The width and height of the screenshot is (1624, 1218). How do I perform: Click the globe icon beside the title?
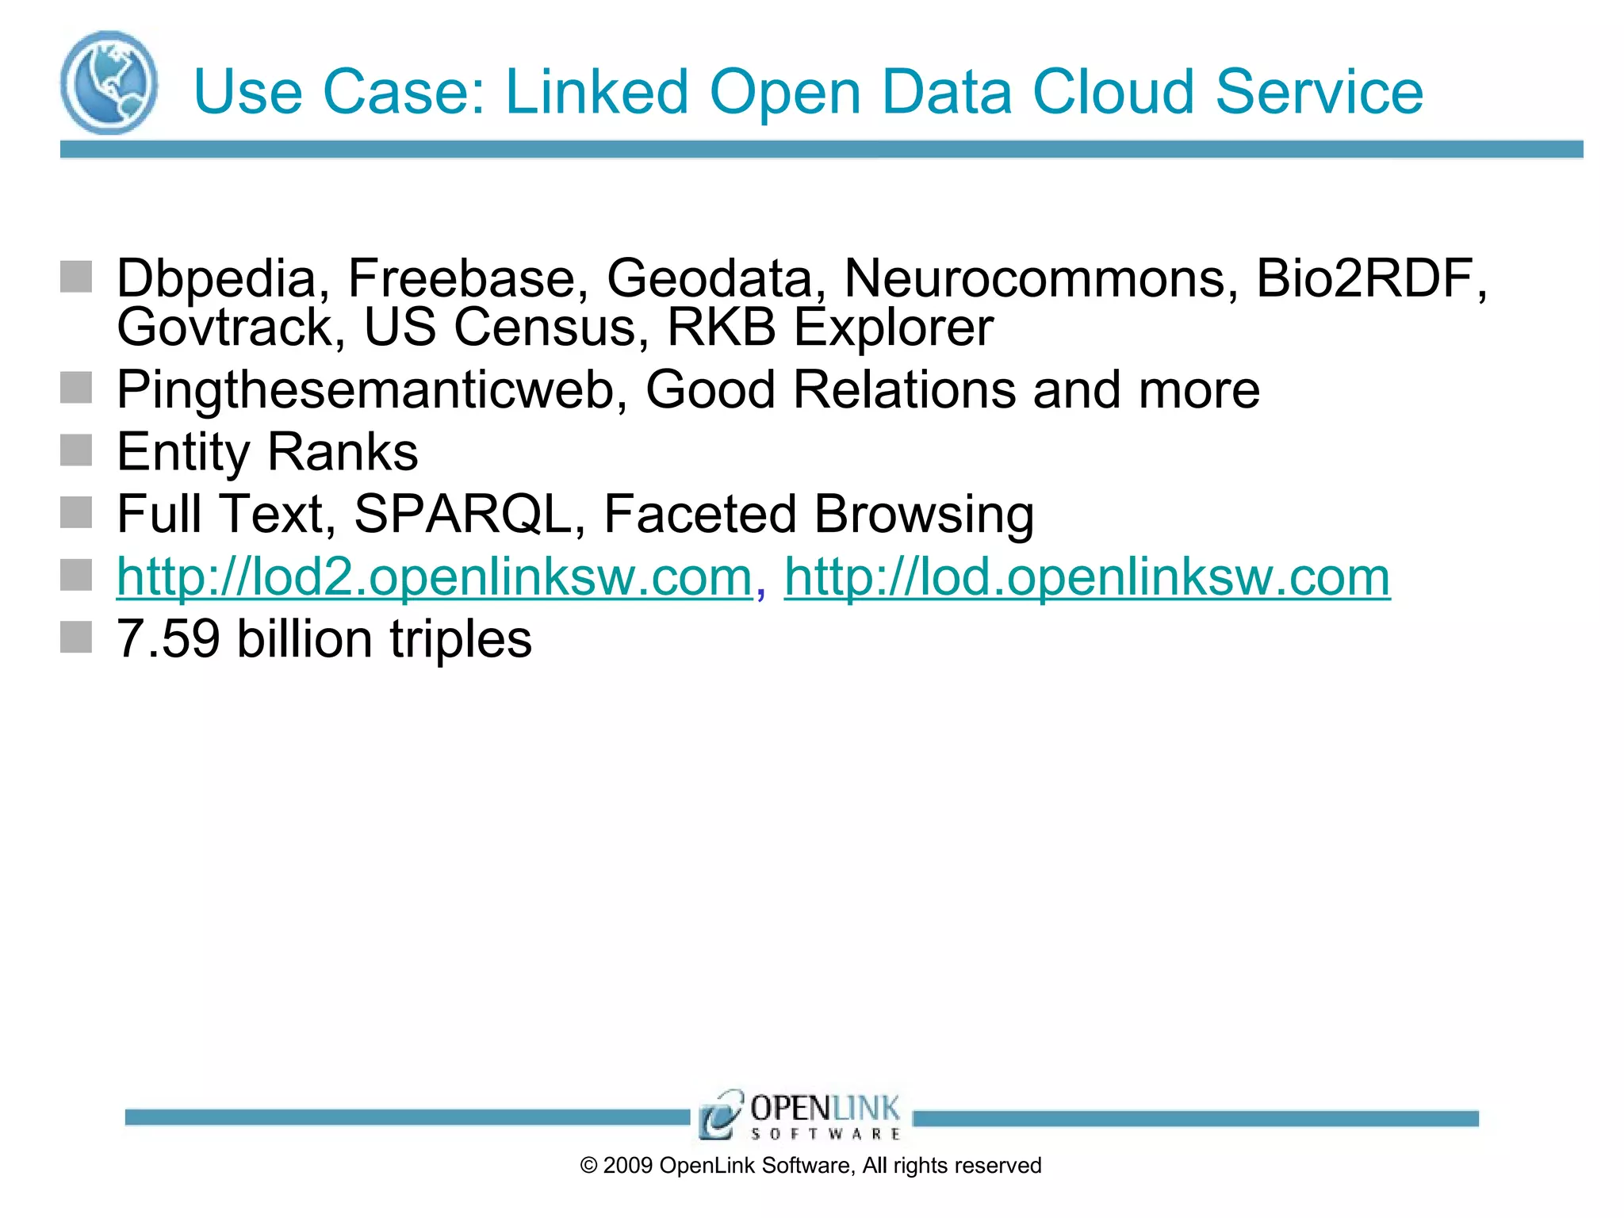point(109,82)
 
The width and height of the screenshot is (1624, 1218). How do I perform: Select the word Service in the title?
point(1319,92)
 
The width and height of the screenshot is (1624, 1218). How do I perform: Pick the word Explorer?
point(894,327)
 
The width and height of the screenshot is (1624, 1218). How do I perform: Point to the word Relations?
point(904,390)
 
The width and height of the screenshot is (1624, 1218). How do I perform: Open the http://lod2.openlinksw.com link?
point(434,576)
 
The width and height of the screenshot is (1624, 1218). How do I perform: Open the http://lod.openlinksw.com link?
point(1087,576)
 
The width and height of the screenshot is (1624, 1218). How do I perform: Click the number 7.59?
point(168,639)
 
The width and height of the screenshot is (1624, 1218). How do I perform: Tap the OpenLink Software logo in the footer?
point(800,1115)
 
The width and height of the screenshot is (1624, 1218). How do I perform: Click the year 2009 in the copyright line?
point(628,1166)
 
